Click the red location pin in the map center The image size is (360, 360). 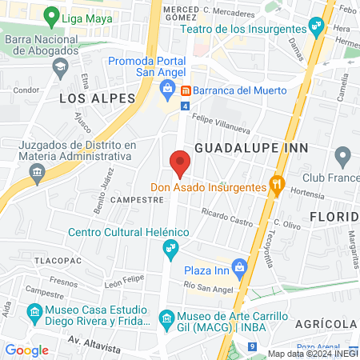[180, 162]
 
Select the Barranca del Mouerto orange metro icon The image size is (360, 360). [185, 90]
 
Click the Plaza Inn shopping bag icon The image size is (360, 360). [238, 266]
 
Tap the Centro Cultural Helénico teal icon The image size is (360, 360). [170, 250]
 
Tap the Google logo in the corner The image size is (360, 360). [26, 350]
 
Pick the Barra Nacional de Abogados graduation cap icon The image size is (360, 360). [60, 68]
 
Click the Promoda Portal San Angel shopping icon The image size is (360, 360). [167, 87]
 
